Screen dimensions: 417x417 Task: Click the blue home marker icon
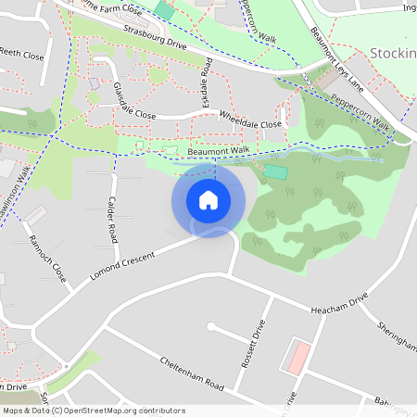tap(208, 200)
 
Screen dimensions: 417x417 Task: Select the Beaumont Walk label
tap(218, 150)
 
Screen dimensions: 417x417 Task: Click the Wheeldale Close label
tap(250, 120)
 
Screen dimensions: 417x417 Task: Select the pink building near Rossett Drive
tap(296, 357)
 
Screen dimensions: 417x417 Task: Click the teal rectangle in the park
tap(275, 172)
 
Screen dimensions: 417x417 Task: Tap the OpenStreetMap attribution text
tap(94, 411)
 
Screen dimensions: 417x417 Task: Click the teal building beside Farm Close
tap(164, 9)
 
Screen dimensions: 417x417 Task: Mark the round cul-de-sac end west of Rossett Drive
tap(212, 326)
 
